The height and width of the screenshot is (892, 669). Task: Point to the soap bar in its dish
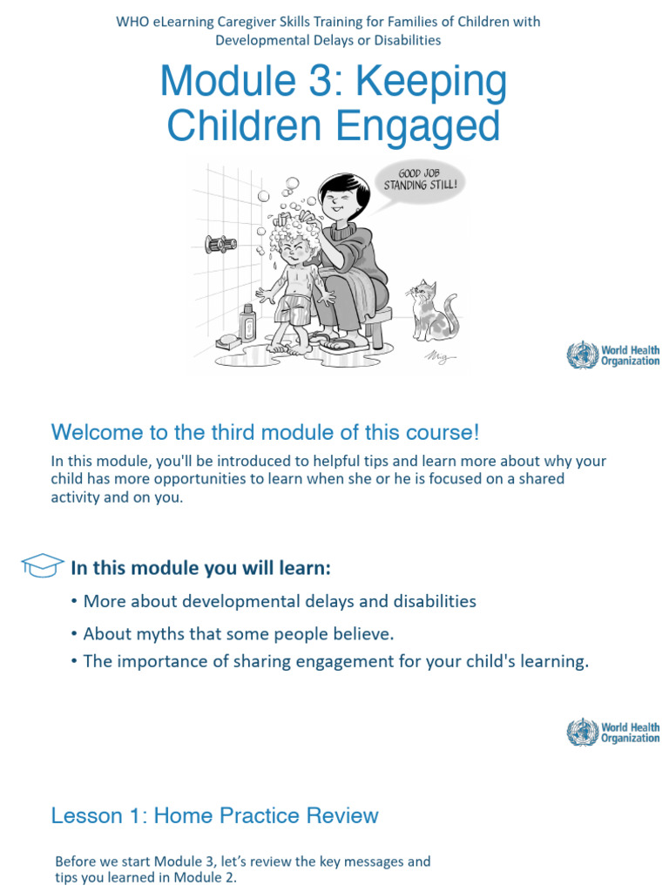click(228, 341)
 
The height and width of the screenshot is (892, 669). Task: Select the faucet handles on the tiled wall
click(221, 245)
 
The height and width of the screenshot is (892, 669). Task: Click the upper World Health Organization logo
click(613, 355)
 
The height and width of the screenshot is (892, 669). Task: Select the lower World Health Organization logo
click(613, 732)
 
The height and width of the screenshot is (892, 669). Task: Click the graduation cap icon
click(41, 565)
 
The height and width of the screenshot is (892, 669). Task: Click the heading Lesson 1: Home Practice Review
click(214, 815)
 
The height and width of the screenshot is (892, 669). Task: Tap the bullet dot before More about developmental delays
click(75, 601)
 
